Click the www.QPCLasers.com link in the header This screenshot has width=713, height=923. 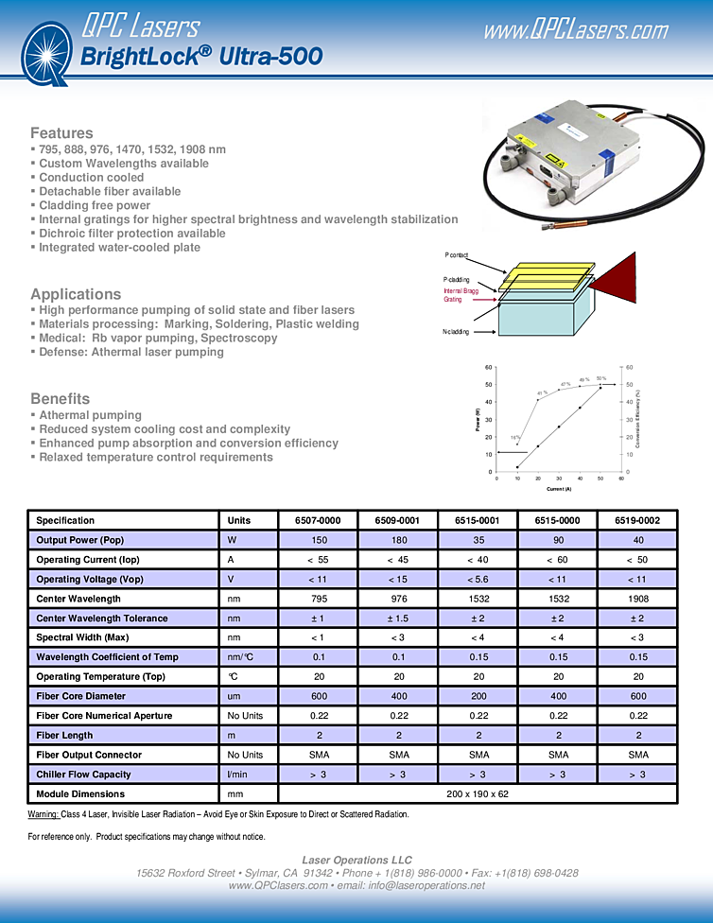coord(575,30)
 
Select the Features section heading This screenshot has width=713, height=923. coord(61,132)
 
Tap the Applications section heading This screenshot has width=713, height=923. coord(76,294)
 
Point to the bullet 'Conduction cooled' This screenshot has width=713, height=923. coord(91,177)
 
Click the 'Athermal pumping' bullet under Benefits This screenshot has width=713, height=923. coord(90,415)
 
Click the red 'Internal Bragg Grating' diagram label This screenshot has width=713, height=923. coord(461,295)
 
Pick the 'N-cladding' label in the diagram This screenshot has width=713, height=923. coord(456,332)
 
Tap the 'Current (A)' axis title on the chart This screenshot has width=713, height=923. coord(557,489)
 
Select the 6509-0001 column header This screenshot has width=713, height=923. coord(398,520)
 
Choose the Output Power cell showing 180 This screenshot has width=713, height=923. coord(398,540)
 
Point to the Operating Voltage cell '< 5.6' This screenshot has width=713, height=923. coord(478,579)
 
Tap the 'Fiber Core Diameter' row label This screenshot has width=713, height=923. coord(81,696)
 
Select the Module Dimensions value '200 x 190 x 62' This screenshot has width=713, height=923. coord(478,793)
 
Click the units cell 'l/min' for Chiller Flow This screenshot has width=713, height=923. coord(238,775)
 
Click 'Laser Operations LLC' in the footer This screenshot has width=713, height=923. coord(356,860)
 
